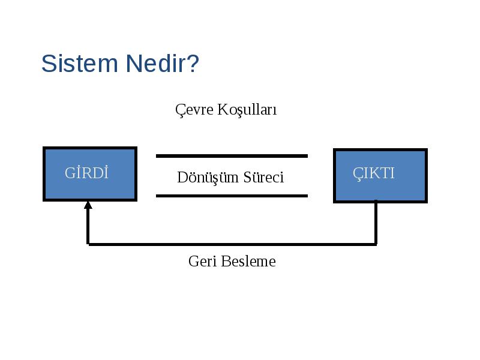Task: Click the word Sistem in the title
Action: coord(80,64)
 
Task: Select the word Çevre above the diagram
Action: coord(194,110)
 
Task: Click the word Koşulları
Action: coord(247,109)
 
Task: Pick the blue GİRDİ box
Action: coord(90,174)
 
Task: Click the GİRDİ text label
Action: coord(86,173)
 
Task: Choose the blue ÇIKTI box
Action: coord(380,176)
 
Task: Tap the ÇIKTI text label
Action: coord(373,173)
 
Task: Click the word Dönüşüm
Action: coord(208,177)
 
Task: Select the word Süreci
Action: coord(263,177)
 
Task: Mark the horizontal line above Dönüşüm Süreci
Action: coord(232,156)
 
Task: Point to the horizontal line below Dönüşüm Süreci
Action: coord(232,196)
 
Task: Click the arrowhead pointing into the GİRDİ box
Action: coord(88,205)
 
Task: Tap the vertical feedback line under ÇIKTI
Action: coord(376,223)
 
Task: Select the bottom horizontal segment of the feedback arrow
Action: coord(232,244)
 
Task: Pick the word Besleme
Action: coord(248,262)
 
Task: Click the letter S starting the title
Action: coord(49,64)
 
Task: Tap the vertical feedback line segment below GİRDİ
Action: coord(88,227)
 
